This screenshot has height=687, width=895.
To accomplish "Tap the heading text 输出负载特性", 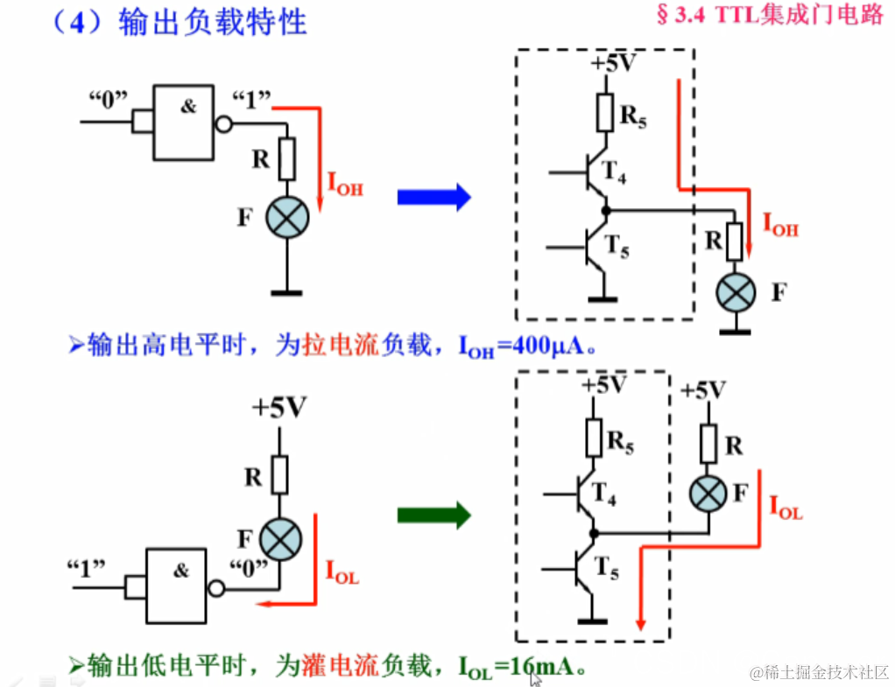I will pyautogui.click(x=213, y=22).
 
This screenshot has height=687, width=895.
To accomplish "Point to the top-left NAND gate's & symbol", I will pyautogui.click(x=188, y=107).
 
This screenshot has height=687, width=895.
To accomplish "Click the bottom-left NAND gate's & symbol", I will pyautogui.click(x=180, y=571).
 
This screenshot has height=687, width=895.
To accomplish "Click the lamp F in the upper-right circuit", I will pyautogui.click(x=736, y=292).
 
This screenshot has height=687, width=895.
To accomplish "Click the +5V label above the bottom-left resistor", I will pyautogui.click(x=279, y=408).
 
